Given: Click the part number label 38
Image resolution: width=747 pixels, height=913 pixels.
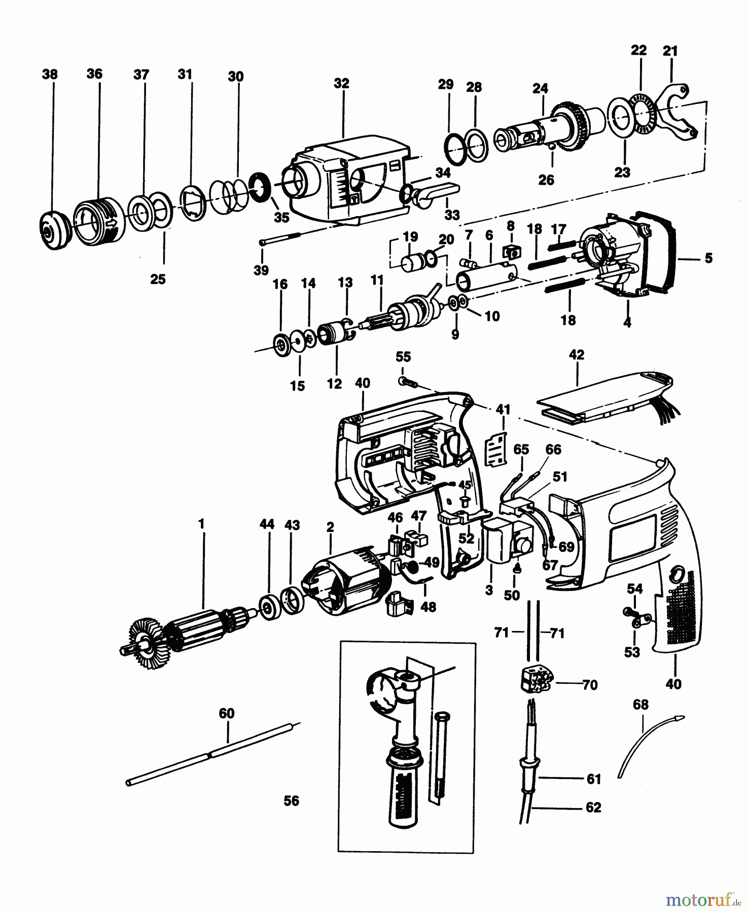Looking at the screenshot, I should pos(49,75).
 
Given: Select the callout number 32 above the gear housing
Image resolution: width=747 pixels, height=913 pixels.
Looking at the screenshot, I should pos(342,83).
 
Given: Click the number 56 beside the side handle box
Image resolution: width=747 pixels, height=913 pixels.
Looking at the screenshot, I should pos(292,801).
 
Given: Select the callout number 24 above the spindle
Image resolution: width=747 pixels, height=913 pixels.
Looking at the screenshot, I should pos(540,89).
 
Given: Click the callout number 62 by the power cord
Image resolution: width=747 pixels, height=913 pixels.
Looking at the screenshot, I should pos(593,807).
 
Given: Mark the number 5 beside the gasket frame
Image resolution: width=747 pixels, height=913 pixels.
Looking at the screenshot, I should pos(708,258).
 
